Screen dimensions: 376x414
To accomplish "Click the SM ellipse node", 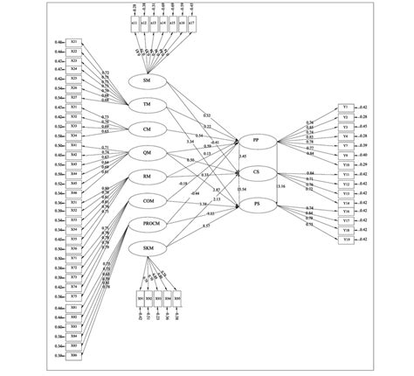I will click(x=148, y=80).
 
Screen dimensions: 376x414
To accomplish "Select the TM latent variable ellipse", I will click(x=148, y=105).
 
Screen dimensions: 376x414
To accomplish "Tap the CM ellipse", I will click(x=148, y=129).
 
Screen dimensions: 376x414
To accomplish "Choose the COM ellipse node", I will click(x=148, y=200).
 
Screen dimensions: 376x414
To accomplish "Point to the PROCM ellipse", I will click(x=149, y=224).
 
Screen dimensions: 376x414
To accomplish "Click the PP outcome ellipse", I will click(x=255, y=140).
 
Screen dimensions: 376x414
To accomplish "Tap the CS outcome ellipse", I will click(x=255, y=171).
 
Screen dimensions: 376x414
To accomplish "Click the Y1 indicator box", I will click(x=346, y=107).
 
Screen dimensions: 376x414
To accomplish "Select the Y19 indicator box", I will click(x=346, y=239).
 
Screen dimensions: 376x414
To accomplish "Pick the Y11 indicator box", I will click(x=346, y=175).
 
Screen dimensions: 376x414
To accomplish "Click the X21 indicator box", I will click(x=74, y=42).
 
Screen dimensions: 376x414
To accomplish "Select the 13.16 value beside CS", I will click(x=280, y=186).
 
